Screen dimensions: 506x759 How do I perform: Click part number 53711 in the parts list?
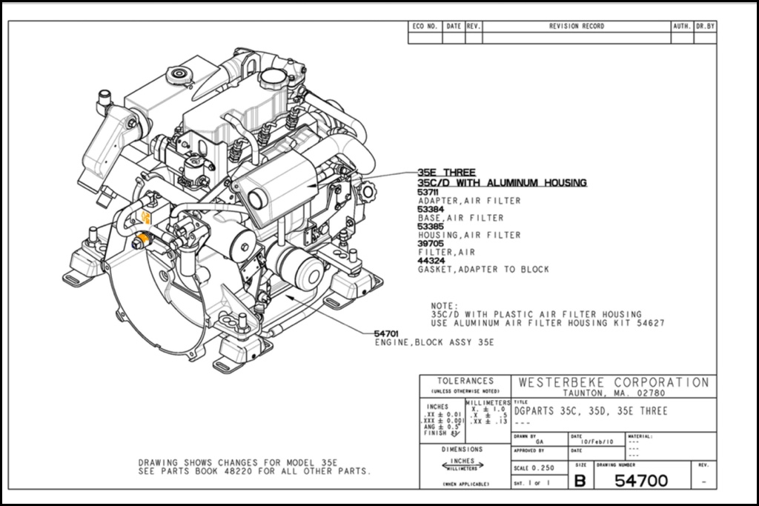coord(428,193)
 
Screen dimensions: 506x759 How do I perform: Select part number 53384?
coord(428,210)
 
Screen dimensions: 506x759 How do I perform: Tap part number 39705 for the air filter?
coord(428,244)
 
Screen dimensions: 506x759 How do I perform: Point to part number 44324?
coord(428,261)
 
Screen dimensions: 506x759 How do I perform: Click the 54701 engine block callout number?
coord(386,334)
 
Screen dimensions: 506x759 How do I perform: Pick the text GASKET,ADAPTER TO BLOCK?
coord(483,270)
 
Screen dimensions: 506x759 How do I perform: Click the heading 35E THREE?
coord(446,173)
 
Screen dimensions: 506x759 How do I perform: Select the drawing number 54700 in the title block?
coord(641,481)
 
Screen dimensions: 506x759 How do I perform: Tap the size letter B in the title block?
coord(580,481)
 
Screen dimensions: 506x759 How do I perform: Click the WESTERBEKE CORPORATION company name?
coord(614,382)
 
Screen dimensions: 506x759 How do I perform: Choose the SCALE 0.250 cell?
coord(534,469)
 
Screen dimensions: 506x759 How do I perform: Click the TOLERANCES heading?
coord(465,381)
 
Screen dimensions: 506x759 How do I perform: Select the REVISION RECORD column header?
coord(576,27)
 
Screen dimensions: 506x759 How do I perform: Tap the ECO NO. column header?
coord(425,27)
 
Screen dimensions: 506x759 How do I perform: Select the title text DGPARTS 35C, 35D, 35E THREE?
coord(591,411)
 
